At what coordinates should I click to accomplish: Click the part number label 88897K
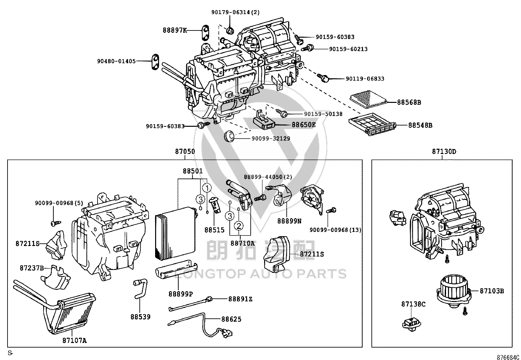175,30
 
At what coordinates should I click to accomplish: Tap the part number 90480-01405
116,61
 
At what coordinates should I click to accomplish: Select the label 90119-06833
365,79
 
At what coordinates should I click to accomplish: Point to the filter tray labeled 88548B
372,124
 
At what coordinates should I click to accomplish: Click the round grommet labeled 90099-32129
229,136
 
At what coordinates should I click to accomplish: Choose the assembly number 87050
185,152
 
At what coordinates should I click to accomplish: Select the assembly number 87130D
444,152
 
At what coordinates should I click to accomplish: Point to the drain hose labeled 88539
140,289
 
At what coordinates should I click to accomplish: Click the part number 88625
231,319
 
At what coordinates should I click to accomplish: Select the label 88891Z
240,299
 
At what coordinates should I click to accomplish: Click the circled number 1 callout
207,188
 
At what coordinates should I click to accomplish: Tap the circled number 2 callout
239,226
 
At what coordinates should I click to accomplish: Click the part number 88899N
289,221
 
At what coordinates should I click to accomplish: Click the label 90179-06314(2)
235,12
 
